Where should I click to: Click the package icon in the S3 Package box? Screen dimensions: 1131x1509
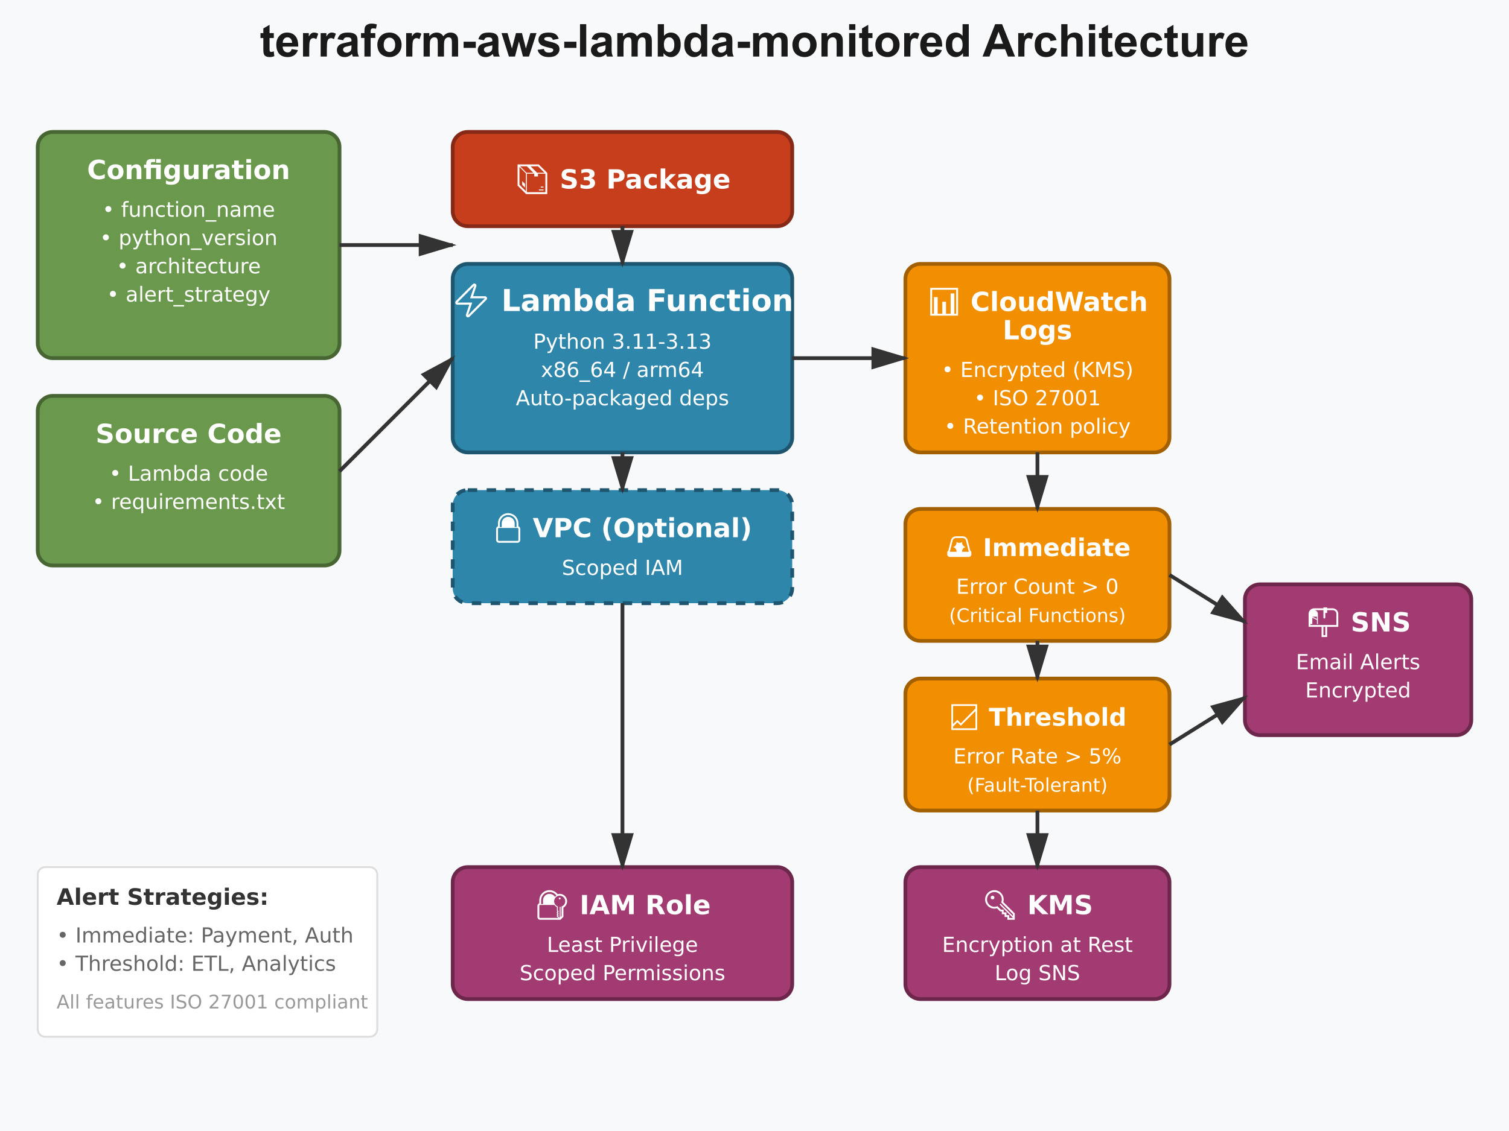coord(532,179)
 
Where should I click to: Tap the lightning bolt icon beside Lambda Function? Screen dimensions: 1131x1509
coord(471,300)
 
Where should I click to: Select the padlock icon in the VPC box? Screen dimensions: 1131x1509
coord(508,528)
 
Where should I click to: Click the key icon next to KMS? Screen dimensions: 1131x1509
coord(1000,905)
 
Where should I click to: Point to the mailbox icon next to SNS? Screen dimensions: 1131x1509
coord(1322,622)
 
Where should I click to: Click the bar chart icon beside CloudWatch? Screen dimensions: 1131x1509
coord(943,302)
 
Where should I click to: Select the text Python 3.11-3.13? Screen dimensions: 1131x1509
coord(622,341)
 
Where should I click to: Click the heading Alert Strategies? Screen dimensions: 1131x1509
coord(162,897)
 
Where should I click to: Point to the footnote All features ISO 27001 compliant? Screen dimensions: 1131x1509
coord(211,1002)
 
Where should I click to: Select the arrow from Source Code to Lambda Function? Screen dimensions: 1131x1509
coord(396,414)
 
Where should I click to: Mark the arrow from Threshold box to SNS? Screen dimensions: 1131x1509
coord(1206,721)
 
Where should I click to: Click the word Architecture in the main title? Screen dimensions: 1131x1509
coord(1115,42)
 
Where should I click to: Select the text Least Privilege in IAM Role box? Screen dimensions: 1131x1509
coord(622,945)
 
